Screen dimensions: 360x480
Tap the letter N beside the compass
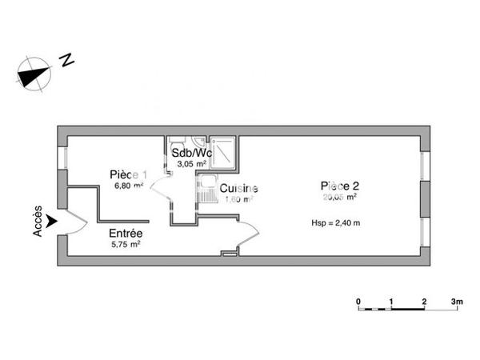(x=68, y=58)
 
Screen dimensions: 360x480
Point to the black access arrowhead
(x=52, y=220)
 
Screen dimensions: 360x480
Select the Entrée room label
(x=126, y=234)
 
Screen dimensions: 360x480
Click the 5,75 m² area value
(x=126, y=245)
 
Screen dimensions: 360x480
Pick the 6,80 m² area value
(x=128, y=186)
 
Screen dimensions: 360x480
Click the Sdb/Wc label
(x=191, y=153)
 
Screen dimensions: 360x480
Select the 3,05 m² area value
(x=191, y=163)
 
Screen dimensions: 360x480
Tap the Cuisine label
(x=238, y=189)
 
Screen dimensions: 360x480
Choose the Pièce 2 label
(x=338, y=185)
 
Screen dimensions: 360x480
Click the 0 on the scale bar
(x=358, y=302)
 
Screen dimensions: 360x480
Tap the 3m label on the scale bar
(x=457, y=302)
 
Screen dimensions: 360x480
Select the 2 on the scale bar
(x=424, y=302)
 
